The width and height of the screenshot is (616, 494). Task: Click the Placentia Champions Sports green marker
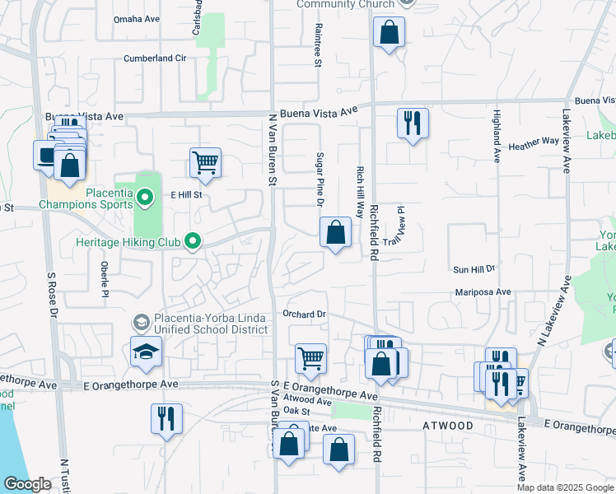click(x=145, y=197)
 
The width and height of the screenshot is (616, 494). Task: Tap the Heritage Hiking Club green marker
click(x=193, y=241)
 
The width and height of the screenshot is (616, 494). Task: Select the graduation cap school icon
click(x=146, y=352)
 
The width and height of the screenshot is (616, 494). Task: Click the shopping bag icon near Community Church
click(x=389, y=33)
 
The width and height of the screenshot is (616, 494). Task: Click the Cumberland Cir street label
click(x=156, y=58)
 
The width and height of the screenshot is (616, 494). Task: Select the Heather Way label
click(x=534, y=142)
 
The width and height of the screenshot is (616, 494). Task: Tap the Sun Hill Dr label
click(x=474, y=269)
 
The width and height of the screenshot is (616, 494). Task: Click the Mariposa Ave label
click(x=483, y=292)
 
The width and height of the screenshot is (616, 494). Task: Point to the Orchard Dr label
click(x=305, y=314)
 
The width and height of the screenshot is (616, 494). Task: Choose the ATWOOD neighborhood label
click(x=448, y=426)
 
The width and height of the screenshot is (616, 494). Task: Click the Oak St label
click(x=296, y=411)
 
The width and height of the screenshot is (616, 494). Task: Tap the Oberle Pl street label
click(x=105, y=279)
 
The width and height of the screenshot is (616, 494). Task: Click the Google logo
click(x=27, y=484)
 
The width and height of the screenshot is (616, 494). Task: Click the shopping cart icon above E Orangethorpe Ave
click(x=310, y=358)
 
